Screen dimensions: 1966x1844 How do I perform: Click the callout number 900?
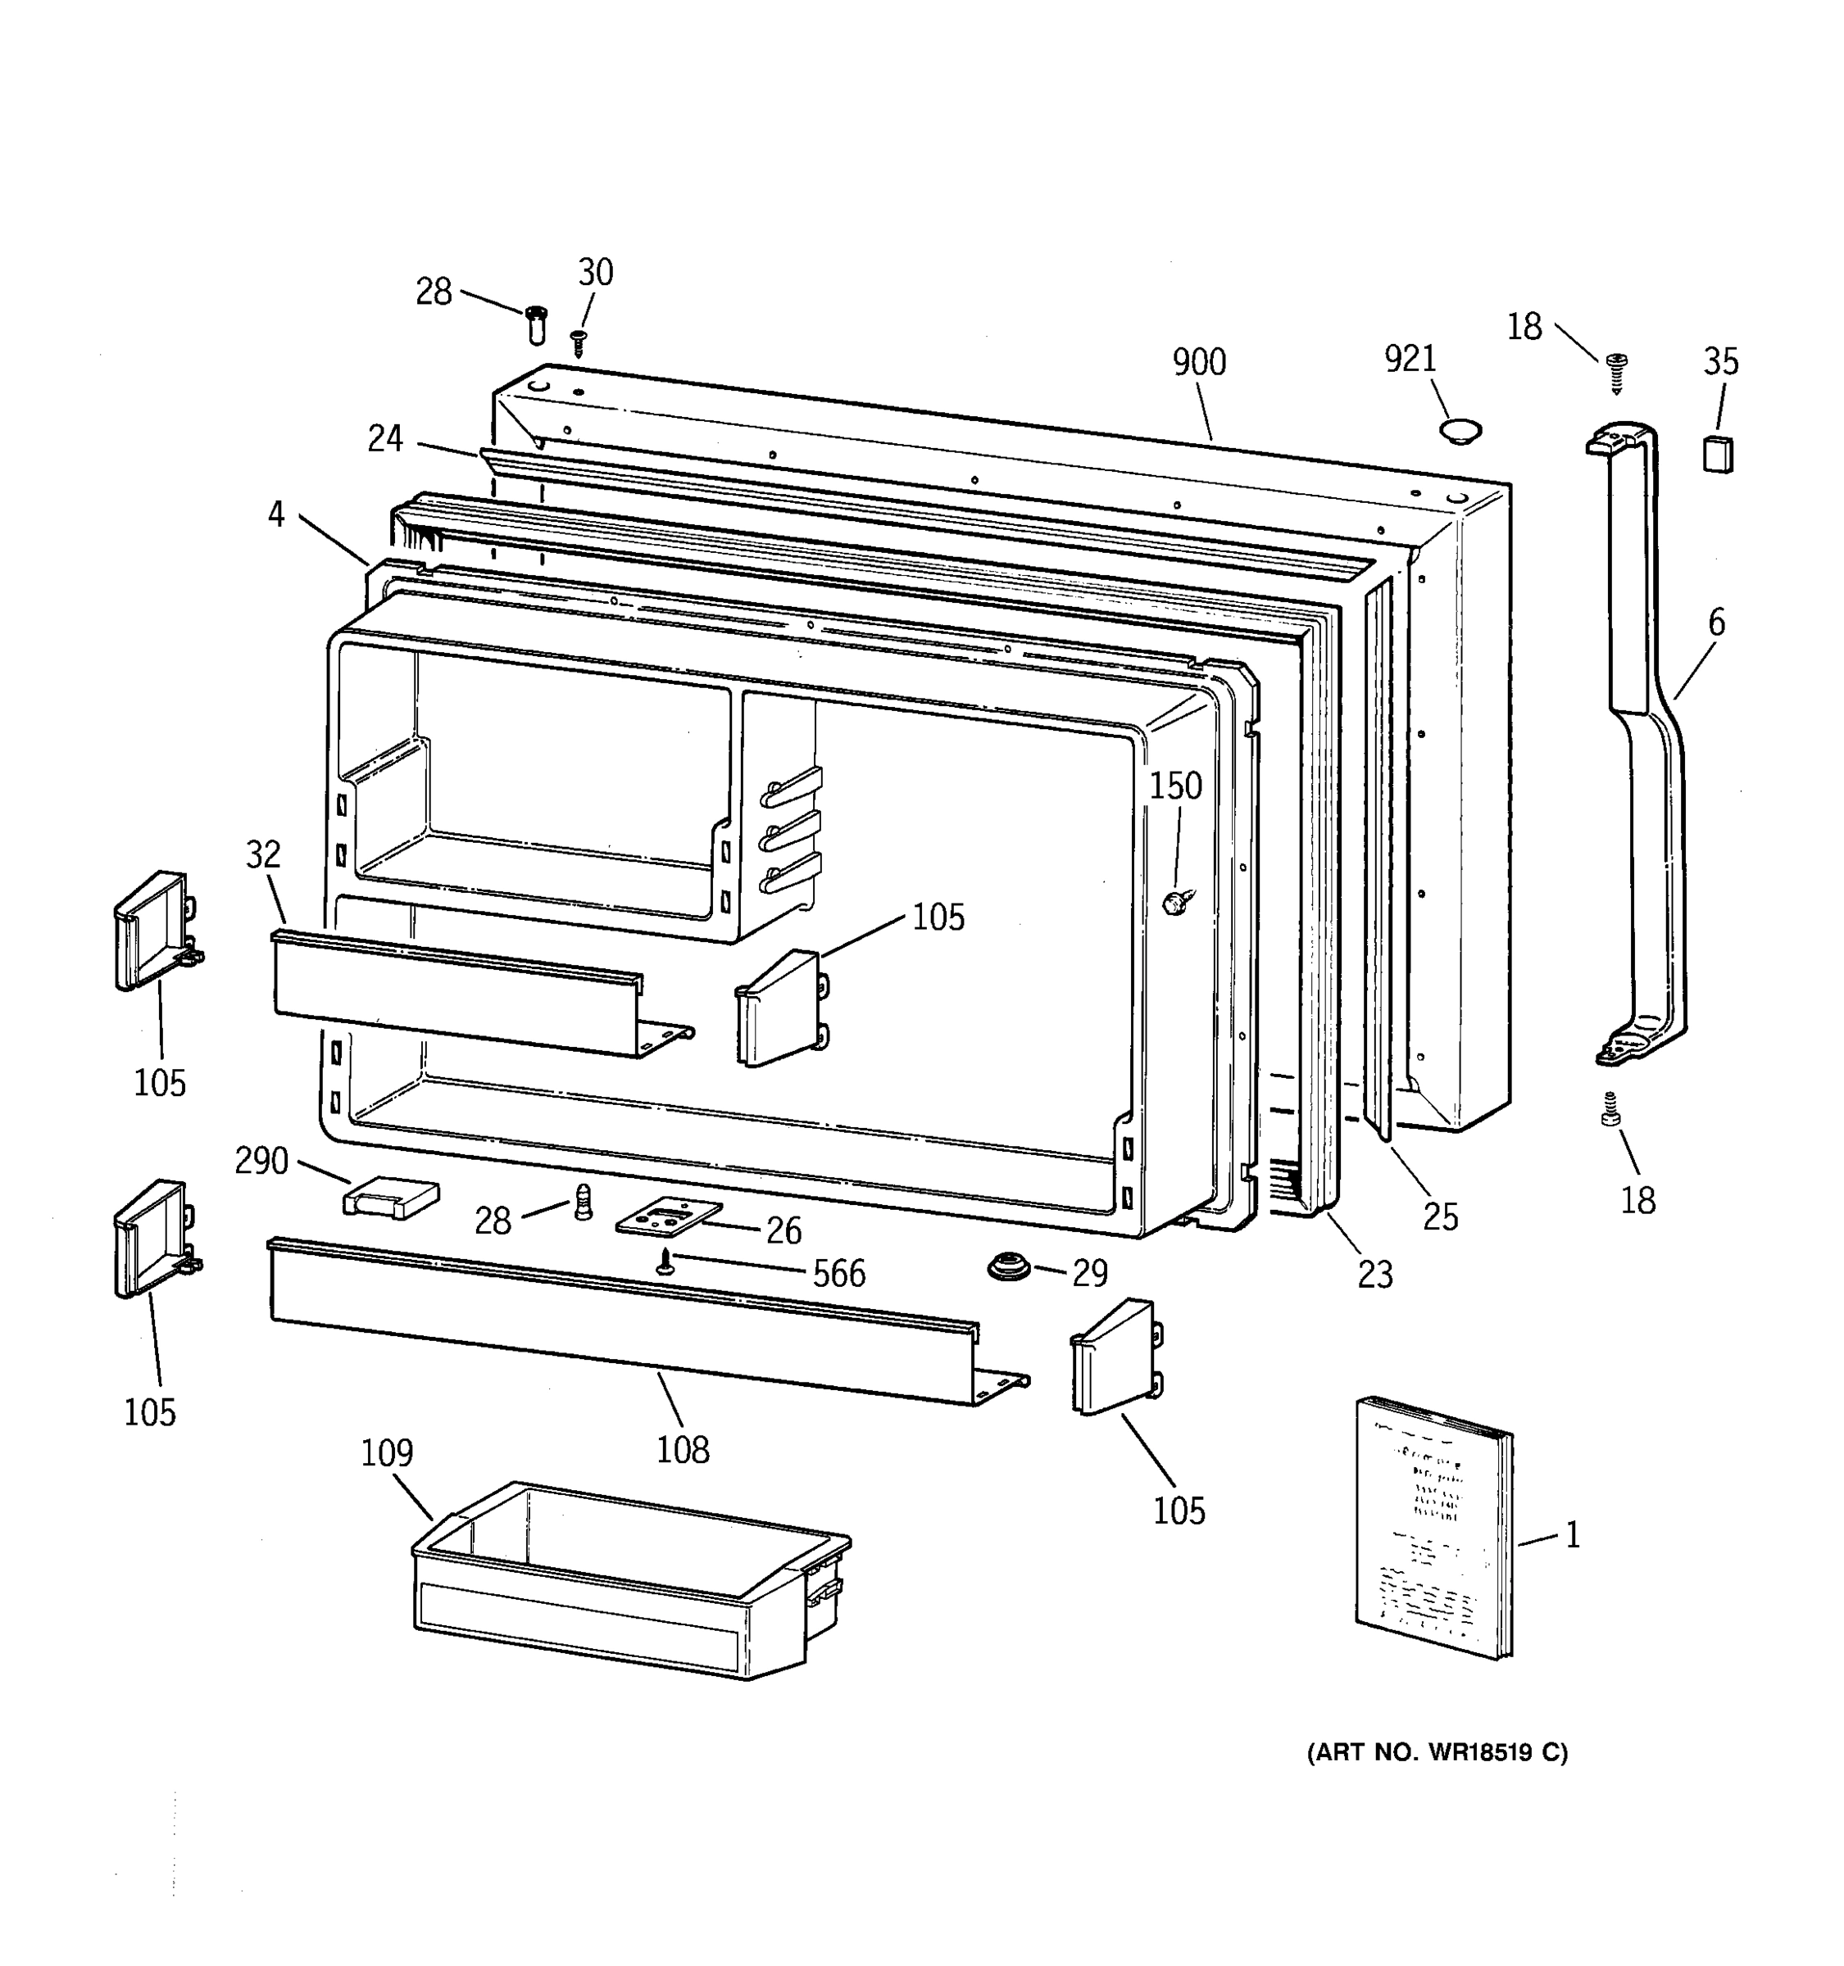pyautogui.click(x=1198, y=363)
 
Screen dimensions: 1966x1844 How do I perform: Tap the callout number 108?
pyautogui.click(x=683, y=1450)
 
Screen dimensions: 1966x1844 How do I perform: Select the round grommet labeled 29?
pyautogui.click(x=1008, y=1266)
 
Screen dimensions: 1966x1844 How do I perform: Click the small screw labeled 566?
pyautogui.click(x=665, y=1261)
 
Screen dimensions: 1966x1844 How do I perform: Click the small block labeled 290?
pyautogui.click(x=390, y=1198)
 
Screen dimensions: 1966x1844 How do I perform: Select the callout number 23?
pyautogui.click(x=1374, y=1275)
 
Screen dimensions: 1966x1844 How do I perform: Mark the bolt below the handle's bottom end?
pyautogui.click(x=1610, y=1111)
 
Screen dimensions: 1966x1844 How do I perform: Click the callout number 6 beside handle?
pyautogui.click(x=1716, y=623)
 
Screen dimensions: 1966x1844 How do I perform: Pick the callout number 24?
pyautogui.click(x=385, y=438)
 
